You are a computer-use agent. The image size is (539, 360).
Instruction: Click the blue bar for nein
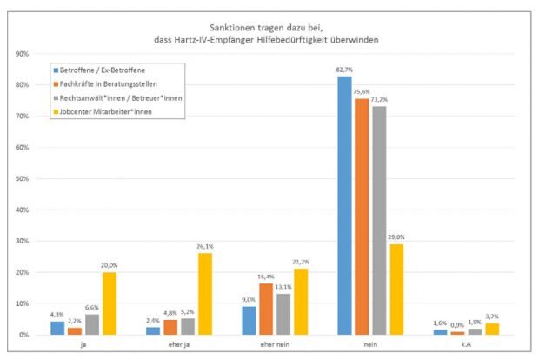[345, 206]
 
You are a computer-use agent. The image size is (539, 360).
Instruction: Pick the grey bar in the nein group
[379, 221]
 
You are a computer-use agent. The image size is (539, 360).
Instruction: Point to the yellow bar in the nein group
[396, 290]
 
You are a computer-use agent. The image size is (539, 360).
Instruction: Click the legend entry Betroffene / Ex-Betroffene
[100, 70]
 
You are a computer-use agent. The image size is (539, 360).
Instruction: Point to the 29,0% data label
[397, 237]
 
